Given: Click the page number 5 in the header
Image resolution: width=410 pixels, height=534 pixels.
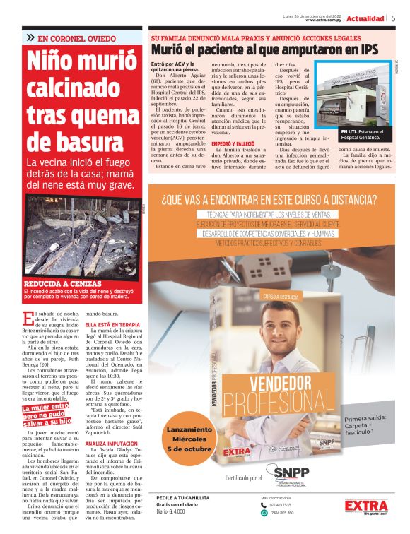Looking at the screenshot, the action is (393, 18).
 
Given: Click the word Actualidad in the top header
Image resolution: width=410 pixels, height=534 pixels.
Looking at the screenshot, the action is (365, 18).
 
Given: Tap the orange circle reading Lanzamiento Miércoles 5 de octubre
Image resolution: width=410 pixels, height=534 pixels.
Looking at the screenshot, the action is (189, 439).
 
